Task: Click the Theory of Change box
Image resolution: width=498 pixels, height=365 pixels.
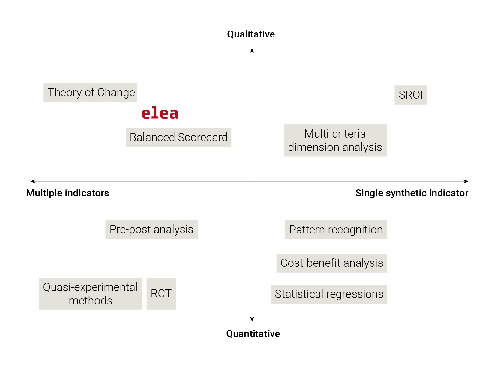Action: click(x=90, y=93)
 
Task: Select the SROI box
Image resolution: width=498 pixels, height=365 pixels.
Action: click(x=410, y=95)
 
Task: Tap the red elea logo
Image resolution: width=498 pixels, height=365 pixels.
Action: click(x=160, y=113)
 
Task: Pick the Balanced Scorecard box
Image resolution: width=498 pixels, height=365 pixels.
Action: click(x=178, y=138)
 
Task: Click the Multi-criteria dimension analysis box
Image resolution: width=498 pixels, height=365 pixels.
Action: click(x=335, y=141)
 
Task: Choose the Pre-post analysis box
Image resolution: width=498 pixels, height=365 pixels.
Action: click(x=151, y=230)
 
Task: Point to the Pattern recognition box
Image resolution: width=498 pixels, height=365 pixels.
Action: click(x=336, y=230)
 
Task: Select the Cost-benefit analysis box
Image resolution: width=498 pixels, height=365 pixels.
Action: click(x=331, y=263)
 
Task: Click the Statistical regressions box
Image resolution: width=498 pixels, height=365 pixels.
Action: click(x=329, y=294)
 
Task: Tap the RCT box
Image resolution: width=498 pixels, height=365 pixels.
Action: click(x=161, y=294)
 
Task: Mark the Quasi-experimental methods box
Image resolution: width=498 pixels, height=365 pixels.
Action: click(x=90, y=294)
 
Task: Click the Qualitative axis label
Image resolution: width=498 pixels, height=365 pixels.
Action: click(x=251, y=34)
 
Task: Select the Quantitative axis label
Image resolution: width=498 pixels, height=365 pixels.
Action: click(x=253, y=334)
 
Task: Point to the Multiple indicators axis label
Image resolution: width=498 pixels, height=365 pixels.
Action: click(x=67, y=193)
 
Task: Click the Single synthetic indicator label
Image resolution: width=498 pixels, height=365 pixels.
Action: click(x=412, y=193)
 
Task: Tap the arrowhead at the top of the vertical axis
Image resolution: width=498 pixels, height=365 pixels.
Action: click(x=252, y=50)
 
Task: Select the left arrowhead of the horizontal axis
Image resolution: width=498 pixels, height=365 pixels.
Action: click(x=33, y=181)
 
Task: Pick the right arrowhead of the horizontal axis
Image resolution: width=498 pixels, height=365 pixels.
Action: click(x=466, y=181)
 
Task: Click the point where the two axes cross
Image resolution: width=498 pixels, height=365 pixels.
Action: click(x=252, y=181)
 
